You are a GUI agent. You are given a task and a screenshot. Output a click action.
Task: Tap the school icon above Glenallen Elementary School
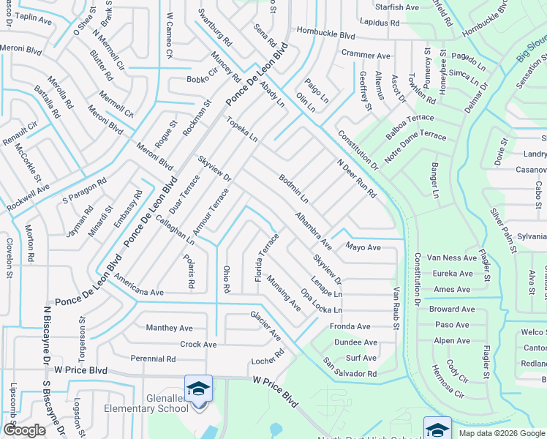pyautogui.click(x=198, y=388)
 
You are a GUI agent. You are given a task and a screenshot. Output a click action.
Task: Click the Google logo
pyautogui.click(x=25, y=430)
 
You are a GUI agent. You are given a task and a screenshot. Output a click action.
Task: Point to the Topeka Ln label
pyautogui.click(x=241, y=128)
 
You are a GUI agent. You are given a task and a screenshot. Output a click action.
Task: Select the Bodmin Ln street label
pyautogui.click(x=293, y=188)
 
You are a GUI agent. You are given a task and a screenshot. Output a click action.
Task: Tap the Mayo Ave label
pyautogui.click(x=363, y=247)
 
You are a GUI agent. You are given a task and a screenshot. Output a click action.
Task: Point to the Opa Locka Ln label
pyautogui.click(x=321, y=301)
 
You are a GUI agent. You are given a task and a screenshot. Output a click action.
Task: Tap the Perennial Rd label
pyautogui.click(x=154, y=359)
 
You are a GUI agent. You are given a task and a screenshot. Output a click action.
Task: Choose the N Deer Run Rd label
pyautogui.click(x=356, y=179)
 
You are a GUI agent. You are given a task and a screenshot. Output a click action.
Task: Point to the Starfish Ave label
pyautogui.click(x=396, y=7)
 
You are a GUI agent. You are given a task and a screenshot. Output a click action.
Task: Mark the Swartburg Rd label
pyautogui.click(x=214, y=27)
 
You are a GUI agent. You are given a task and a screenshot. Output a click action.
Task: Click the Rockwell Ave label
pyautogui.click(x=29, y=198)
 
